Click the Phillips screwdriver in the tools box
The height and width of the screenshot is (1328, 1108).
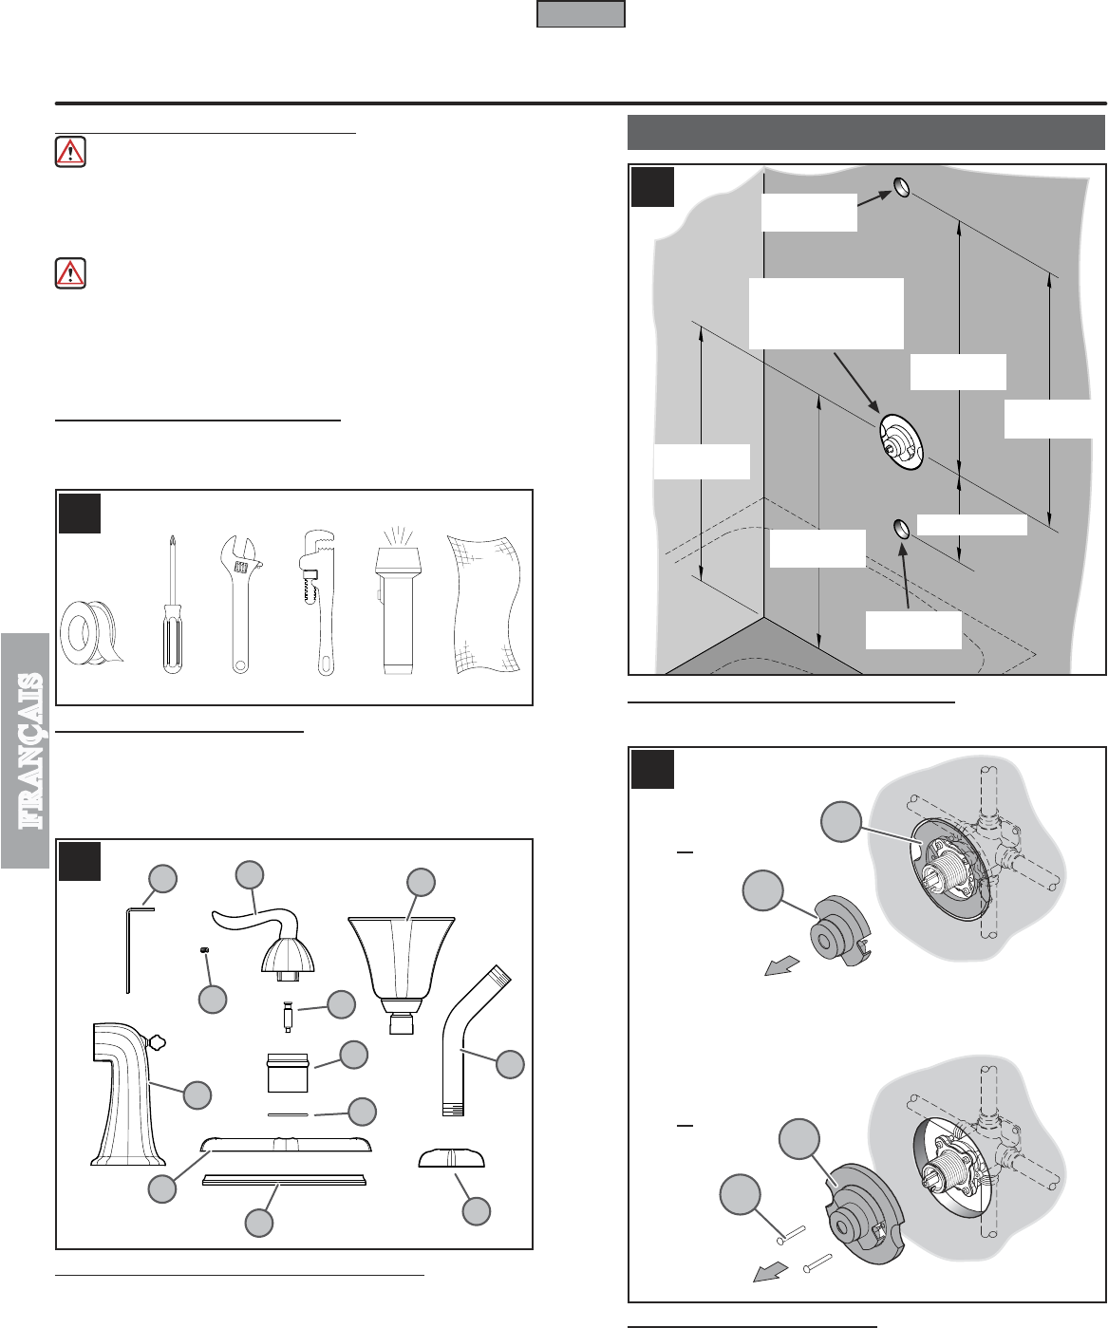click(172, 605)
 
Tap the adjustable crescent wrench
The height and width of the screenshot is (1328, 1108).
click(241, 605)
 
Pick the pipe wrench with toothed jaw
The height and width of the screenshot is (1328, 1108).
click(318, 602)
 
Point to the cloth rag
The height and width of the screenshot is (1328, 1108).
click(484, 605)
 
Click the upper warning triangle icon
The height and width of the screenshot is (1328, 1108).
click(70, 152)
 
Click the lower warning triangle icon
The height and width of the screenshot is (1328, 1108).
click(70, 273)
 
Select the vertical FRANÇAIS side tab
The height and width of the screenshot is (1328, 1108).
click(26, 751)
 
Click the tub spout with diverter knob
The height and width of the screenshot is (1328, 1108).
click(128, 1093)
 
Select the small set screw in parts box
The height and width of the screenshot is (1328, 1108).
click(204, 950)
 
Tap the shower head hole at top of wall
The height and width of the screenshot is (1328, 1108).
click(902, 188)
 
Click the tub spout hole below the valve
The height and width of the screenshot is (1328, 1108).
click(901, 529)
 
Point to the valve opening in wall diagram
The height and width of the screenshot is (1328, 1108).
click(901, 440)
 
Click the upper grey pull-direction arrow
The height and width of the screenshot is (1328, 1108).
click(781, 966)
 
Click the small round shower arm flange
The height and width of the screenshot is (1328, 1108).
click(452, 1159)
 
